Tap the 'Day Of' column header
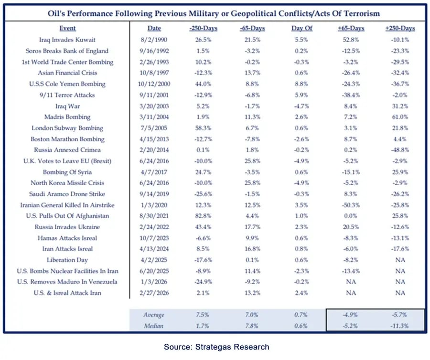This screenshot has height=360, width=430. pos(302,28)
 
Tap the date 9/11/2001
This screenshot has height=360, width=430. pos(154,95)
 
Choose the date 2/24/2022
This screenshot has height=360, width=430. pos(154,227)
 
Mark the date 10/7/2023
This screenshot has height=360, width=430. pos(154,238)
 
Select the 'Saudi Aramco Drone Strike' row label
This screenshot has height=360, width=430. pos(68,194)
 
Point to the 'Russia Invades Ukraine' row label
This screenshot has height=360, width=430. pos(68,227)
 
